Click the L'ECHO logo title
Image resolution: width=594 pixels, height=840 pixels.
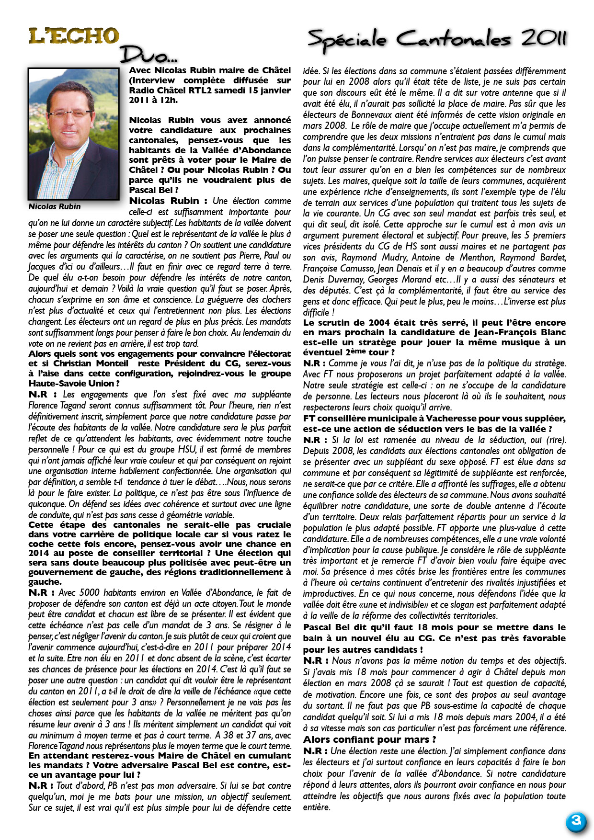[x=73, y=36]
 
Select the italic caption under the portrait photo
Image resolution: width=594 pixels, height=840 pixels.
[x=55, y=206]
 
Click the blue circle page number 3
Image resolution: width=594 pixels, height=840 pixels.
[x=576, y=821]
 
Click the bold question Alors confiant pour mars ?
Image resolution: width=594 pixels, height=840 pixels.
[x=369, y=739]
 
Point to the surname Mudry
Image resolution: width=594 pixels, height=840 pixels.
[x=379, y=258]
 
